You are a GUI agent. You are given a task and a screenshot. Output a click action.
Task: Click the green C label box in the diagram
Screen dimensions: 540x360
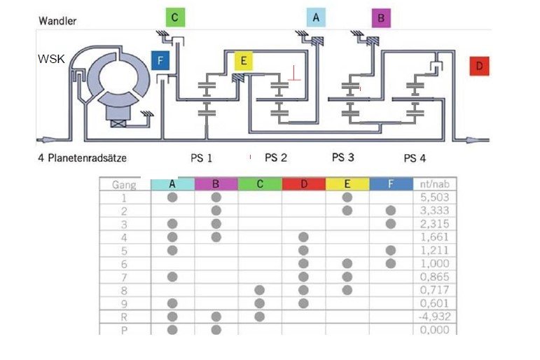pyautogui.click(x=175, y=18)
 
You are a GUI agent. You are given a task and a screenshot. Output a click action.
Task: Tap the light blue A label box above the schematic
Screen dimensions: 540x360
pyautogui.click(x=316, y=18)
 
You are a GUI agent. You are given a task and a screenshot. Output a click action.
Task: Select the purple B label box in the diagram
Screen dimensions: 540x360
pyautogui.click(x=381, y=18)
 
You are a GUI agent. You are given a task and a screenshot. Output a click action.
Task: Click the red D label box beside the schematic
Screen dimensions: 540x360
pyautogui.click(x=479, y=66)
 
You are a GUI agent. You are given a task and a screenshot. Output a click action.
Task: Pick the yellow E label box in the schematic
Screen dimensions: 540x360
pyautogui.click(x=244, y=61)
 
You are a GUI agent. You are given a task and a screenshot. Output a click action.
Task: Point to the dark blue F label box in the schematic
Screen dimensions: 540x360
pyautogui.click(x=160, y=61)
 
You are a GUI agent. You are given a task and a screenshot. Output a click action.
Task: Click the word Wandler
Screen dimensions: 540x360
pyautogui.click(x=57, y=21)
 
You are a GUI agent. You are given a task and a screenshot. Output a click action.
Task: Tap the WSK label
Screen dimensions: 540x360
pyautogui.click(x=51, y=59)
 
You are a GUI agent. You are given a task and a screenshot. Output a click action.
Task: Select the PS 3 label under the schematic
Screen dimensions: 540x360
pyautogui.click(x=343, y=158)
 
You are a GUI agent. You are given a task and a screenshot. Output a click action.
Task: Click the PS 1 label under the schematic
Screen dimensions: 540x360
pyautogui.click(x=202, y=158)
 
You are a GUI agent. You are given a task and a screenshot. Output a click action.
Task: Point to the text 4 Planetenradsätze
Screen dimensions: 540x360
pyautogui.click(x=83, y=158)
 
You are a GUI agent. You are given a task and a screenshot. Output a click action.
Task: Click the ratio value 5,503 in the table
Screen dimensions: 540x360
pyautogui.click(x=435, y=198)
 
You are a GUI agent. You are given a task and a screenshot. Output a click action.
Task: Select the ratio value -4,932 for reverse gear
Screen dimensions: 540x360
pyautogui.click(x=435, y=317)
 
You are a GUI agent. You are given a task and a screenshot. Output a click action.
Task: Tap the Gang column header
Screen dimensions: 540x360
pyautogui.click(x=124, y=185)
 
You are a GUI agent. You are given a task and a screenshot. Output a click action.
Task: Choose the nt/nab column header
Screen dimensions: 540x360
pyautogui.click(x=435, y=184)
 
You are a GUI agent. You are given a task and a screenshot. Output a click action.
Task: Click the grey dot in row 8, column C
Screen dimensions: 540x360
pyautogui.click(x=260, y=290)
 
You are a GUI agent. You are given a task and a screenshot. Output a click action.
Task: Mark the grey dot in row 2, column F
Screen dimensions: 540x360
pyautogui.click(x=391, y=211)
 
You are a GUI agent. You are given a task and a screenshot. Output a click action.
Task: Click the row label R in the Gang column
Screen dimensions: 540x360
pyautogui.click(x=124, y=317)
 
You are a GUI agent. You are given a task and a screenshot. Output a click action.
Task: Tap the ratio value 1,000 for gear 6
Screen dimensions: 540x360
pyautogui.click(x=435, y=263)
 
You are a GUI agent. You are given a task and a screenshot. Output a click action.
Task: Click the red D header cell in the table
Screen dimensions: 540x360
pyautogui.click(x=303, y=184)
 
